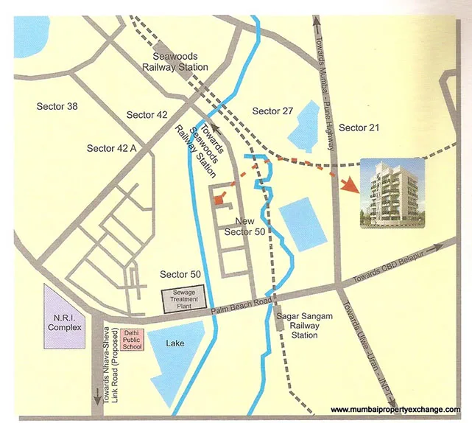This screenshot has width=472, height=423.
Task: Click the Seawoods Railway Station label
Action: tap(180, 61)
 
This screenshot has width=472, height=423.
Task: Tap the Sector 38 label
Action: tap(57, 107)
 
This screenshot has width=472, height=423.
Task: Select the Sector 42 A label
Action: tap(112, 148)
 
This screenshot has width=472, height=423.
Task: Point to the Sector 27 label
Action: tap(272, 111)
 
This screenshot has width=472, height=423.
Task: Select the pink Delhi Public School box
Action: tap(132, 338)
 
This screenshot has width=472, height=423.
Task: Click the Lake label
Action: tap(175, 343)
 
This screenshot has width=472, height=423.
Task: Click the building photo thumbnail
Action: tap(391, 193)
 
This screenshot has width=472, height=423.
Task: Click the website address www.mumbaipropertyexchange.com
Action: tap(395, 410)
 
